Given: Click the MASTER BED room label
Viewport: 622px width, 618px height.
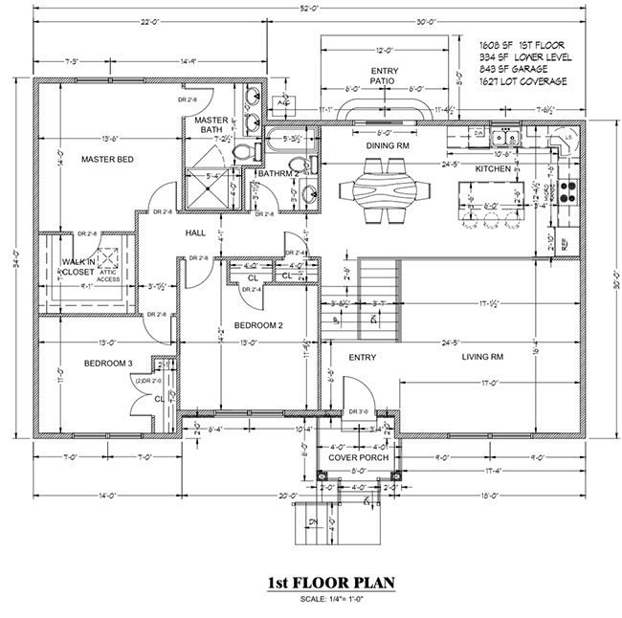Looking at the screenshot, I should tap(105, 159).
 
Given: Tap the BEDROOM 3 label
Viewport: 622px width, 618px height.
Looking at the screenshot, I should tap(107, 364).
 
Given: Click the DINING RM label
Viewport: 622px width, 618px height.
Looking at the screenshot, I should tap(389, 145).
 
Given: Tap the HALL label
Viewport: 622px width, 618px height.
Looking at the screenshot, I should tap(195, 232).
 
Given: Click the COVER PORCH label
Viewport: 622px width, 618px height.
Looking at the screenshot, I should tap(359, 457).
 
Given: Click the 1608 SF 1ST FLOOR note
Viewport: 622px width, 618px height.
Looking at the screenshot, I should tap(523, 44).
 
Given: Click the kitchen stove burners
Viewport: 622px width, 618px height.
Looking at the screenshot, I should tap(566, 192).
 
